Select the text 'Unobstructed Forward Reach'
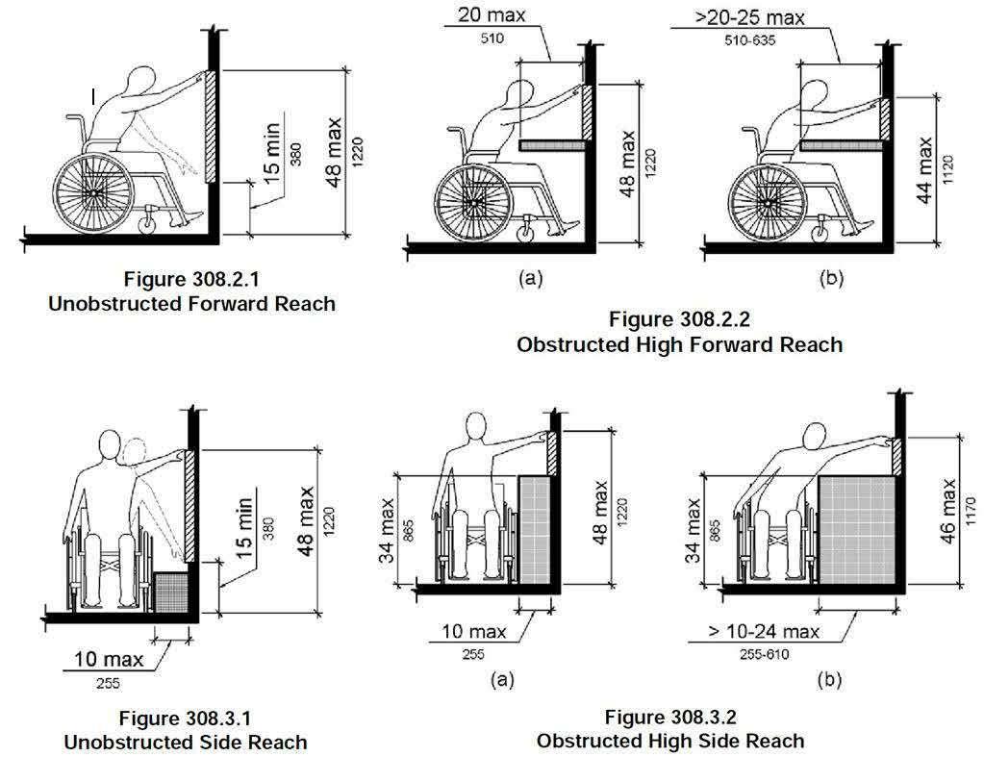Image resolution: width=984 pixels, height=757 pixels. pos(192,304)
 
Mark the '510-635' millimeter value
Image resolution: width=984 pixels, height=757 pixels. pos(751,42)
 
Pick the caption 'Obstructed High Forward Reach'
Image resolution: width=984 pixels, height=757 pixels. pos(679,343)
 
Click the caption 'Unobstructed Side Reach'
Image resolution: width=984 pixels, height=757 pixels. pos(186,742)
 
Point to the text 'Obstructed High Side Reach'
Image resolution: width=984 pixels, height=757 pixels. pos(670,741)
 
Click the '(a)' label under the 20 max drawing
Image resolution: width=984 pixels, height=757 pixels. pos(529,278)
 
